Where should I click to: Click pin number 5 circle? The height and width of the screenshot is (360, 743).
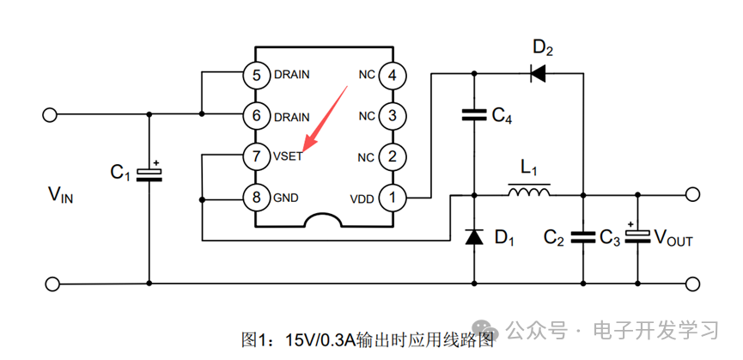tap(255, 75)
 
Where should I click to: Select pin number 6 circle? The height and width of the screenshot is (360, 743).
tap(255, 115)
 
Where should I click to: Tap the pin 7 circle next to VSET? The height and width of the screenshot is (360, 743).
tap(255, 156)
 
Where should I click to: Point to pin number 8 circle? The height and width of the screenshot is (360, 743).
tap(255, 198)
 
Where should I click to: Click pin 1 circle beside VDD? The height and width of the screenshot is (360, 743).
tap(393, 198)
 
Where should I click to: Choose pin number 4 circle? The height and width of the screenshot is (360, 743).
tap(393, 75)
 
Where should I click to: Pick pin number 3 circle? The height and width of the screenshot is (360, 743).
tap(393, 115)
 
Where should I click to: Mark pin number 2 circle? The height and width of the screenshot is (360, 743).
tap(393, 156)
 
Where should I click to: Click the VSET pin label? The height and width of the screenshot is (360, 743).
tap(288, 157)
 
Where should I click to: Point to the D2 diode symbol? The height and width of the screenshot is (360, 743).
tap(539, 74)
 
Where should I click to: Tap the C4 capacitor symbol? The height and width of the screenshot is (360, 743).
tap(474, 115)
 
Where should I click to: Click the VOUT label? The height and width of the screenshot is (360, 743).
tap(674, 239)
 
